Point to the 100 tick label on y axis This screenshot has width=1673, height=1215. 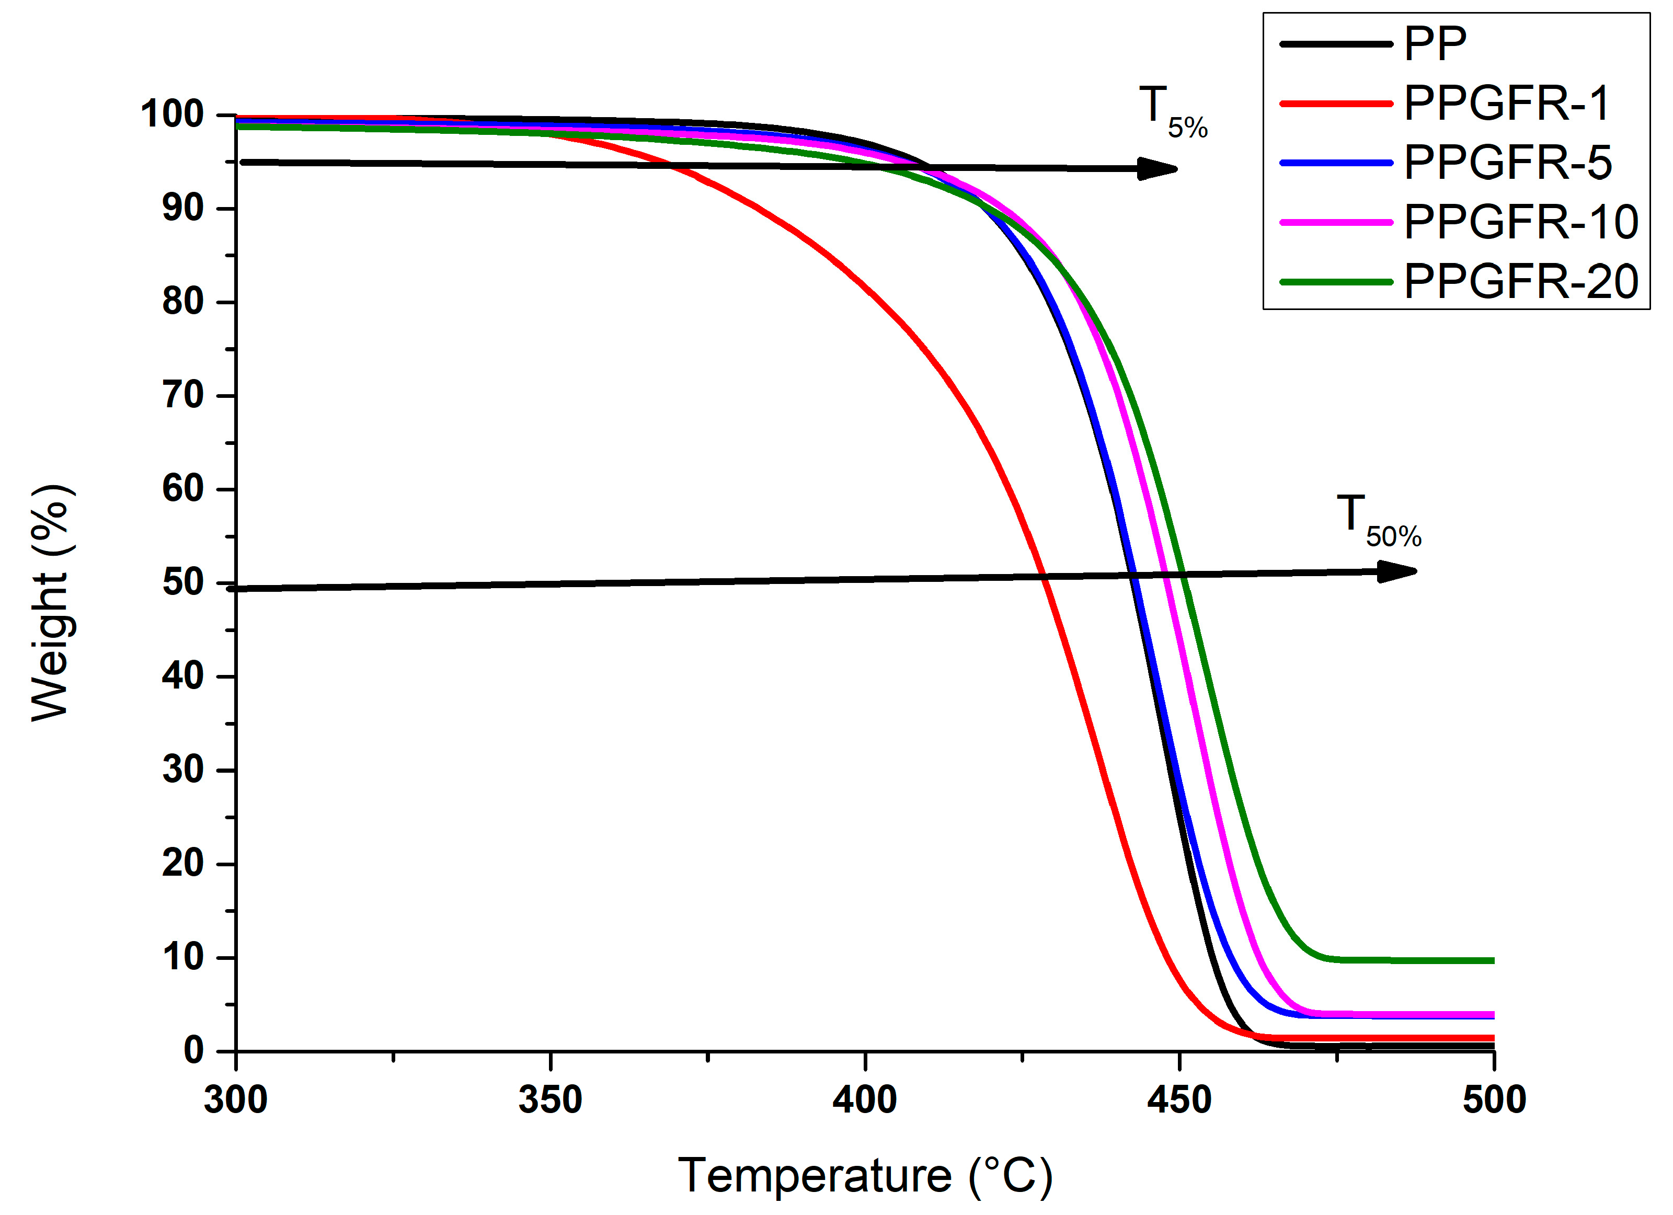[x=172, y=114]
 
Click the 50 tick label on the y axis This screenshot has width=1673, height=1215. [x=183, y=583]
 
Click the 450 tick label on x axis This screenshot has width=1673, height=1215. [x=1179, y=1100]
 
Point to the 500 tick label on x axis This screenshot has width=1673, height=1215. [x=1494, y=1100]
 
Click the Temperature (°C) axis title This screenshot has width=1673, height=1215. [x=865, y=1175]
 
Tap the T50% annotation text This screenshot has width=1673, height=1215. [x=1377, y=522]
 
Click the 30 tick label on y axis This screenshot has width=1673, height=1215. [x=183, y=770]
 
